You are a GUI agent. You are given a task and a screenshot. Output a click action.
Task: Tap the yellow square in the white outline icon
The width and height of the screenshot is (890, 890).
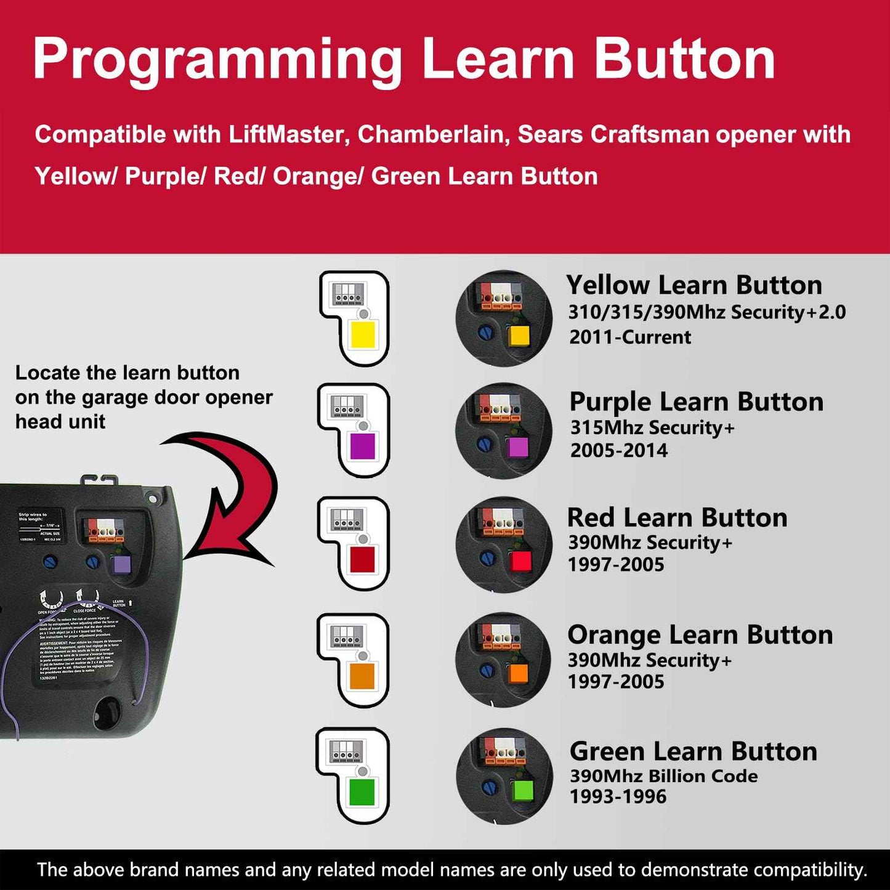tap(363, 336)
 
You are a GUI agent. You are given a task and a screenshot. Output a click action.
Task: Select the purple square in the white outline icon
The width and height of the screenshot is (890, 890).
tap(362, 447)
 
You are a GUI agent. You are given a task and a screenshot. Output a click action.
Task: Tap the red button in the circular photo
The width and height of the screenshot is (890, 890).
tap(520, 561)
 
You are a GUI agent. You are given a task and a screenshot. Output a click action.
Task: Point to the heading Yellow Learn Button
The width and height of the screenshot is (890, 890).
tap(694, 285)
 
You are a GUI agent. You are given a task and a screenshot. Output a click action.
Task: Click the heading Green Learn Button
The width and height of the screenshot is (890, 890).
tap(694, 751)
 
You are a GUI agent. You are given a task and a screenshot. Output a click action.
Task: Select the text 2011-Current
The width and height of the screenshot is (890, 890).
tap(630, 338)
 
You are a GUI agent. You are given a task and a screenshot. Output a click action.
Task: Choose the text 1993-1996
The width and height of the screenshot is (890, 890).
tap(618, 797)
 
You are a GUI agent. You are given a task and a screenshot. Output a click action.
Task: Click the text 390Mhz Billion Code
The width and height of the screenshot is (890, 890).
tap(663, 776)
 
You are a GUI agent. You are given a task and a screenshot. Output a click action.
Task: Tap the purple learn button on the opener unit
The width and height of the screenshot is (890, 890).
tap(121, 564)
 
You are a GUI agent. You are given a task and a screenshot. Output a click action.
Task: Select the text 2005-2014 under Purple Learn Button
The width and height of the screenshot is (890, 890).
tap(618, 450)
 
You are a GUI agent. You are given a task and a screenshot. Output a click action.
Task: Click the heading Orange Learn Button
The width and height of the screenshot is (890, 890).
tap(700, 635)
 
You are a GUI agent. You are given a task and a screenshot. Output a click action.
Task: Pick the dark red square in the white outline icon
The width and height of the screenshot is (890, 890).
tap(362, 559)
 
